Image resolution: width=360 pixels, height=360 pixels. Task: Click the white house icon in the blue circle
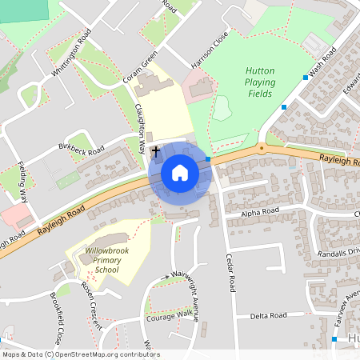(179, 173)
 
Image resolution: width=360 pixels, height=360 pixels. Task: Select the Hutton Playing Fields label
(260, 82)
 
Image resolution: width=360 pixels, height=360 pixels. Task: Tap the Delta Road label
(268, 315)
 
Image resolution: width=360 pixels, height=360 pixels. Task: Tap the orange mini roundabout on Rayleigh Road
(261, 147)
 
